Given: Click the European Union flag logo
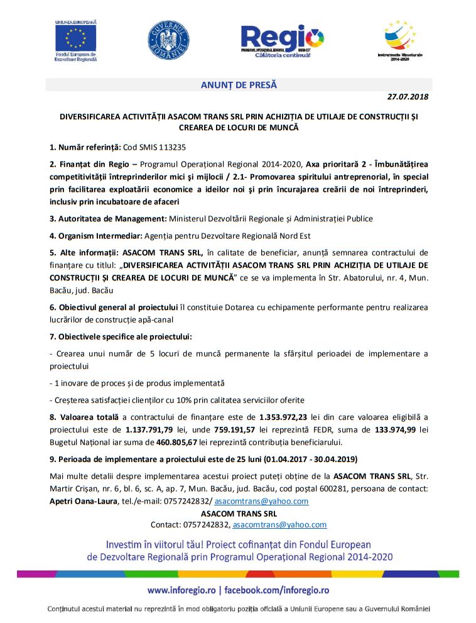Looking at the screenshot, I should pos(76,38).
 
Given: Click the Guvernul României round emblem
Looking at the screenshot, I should pos(168,40).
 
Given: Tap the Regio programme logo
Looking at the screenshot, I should pos(282,40).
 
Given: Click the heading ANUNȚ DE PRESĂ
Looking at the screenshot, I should pos(239,85).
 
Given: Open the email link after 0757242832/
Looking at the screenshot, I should pos(261,501).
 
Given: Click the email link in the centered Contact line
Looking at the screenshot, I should pos(279,524).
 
